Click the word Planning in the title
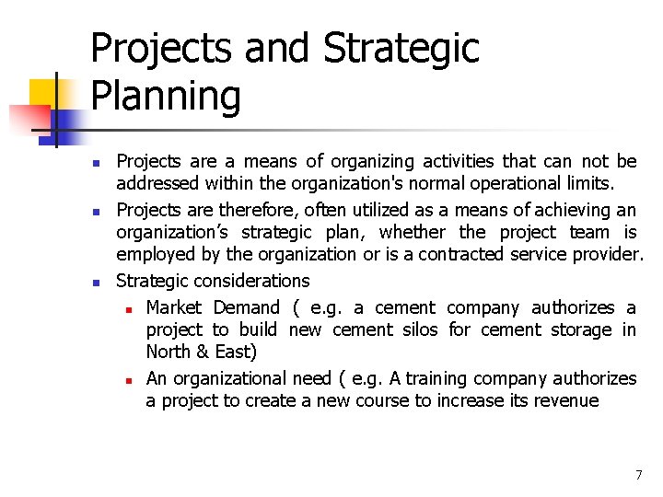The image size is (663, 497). point(166,97)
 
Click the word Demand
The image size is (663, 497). point(246,307)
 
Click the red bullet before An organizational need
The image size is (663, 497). point(131,379)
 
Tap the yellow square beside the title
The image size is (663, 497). point(43,92)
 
